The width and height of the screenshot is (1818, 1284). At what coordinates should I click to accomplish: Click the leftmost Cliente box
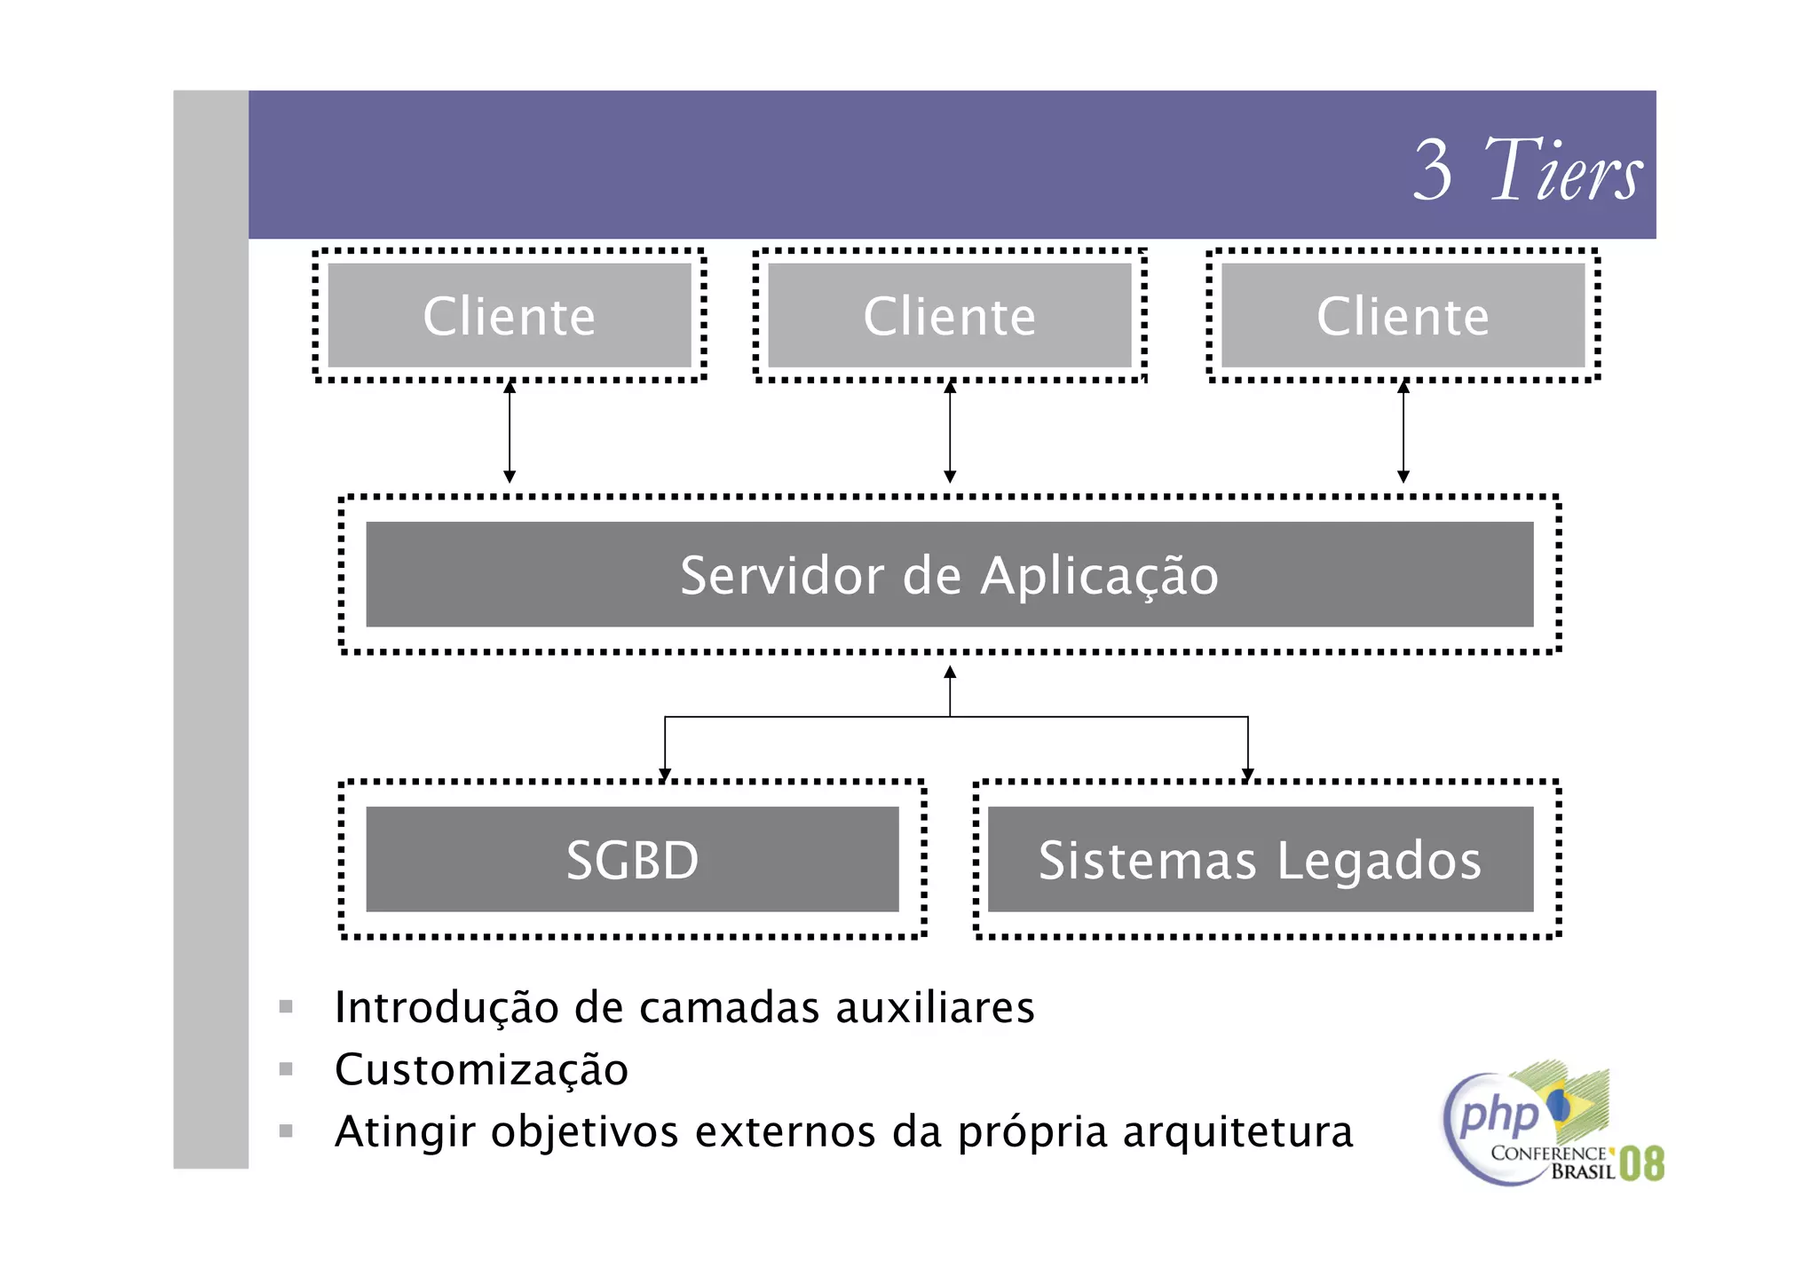(x=509, y=315)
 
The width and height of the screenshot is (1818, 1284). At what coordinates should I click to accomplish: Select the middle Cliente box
(x=949, y=315)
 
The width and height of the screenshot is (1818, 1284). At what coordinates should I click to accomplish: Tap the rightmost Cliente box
(x=1403, y=315)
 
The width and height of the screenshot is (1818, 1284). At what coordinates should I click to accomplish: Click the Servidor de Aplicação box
(x=949, y=574)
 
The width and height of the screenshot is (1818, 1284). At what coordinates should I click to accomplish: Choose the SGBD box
(x=632, y=859)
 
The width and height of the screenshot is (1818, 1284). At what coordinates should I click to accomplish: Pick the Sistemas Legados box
(x=1260, y=859)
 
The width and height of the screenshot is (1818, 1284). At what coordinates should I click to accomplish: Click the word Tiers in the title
(x=1563, y=169)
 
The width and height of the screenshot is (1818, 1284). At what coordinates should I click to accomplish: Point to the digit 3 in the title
(x=1433, y=169)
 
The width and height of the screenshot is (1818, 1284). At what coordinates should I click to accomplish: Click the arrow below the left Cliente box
(x=510, y=432)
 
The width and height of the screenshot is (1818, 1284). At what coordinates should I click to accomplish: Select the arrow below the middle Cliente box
(x=950, y=432)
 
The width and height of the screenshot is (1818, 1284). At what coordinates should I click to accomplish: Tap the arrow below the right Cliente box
(x=1403, y=432)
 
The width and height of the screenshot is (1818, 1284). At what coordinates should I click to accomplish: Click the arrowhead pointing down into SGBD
(x=665, y=775)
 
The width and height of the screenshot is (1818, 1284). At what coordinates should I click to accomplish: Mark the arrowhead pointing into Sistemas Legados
(x=1248, y=775)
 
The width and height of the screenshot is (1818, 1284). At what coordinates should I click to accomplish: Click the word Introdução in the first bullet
(x=447, y=1007)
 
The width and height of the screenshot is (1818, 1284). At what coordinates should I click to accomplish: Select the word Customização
(x=481, y=1069)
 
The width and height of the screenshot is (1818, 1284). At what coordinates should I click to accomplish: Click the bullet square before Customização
(x=286, y=1068)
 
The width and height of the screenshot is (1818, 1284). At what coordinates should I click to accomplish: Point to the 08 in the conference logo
(x=1641, y=1163)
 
